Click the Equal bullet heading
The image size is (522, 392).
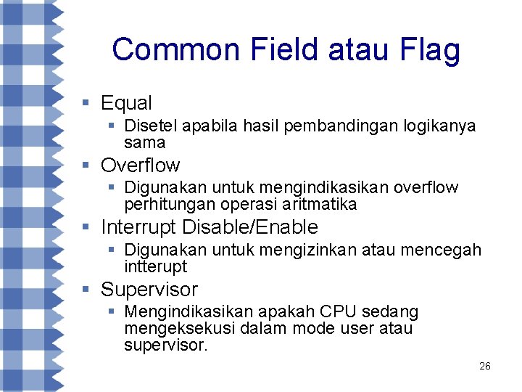(126, 103)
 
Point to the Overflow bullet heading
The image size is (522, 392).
(140, 166)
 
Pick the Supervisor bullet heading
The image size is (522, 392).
(149, 290)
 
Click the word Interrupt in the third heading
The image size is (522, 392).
(138, 227)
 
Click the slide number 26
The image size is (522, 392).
(485, 366)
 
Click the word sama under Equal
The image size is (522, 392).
(144, 142)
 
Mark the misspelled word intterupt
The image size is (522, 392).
(155, 266)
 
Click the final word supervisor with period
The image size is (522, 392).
(165, 345)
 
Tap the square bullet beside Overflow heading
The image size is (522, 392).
(86, 166)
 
